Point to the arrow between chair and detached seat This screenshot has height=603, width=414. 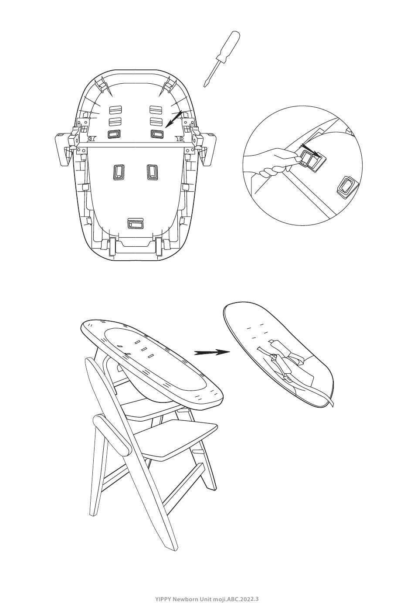[212, 352]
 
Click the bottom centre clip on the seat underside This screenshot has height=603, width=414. [136, 223]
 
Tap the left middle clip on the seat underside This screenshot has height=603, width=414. [119, 171]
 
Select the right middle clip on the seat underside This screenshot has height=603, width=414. [152, 171]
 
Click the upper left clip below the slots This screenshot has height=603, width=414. [114, 134]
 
